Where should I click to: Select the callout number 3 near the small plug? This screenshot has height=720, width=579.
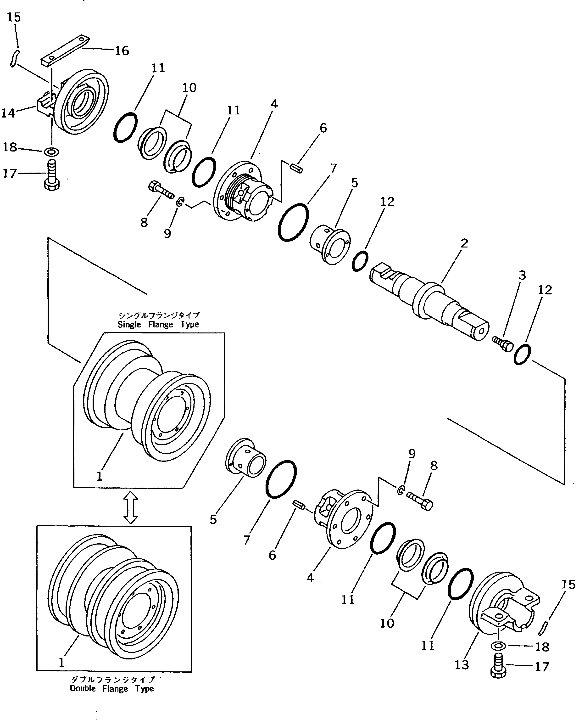point(522,275)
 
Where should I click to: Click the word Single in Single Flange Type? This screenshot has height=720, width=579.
point(129,325)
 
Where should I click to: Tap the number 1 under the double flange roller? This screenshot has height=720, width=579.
point(61,662)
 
